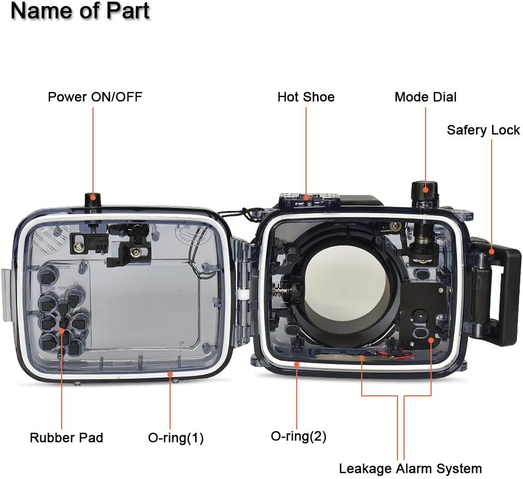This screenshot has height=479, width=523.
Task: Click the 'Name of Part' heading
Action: coord(80,12)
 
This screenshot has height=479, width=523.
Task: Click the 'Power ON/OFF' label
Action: coord(95,97)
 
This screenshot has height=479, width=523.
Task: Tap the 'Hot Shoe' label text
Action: coord(306,97)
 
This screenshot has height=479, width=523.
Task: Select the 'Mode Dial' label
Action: coord(426,97)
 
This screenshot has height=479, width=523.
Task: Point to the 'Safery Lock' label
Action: coord(483,130)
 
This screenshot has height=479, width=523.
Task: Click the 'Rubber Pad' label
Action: coord(66,438)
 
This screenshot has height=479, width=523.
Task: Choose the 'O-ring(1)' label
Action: coord(176,438)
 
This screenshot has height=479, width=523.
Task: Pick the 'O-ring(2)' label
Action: coord(298,436)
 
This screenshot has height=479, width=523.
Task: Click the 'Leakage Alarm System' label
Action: coord(410,469)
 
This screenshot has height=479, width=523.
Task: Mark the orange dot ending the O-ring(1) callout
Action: coord(171,373)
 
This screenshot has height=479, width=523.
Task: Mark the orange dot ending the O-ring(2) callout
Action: coord(296,364)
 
